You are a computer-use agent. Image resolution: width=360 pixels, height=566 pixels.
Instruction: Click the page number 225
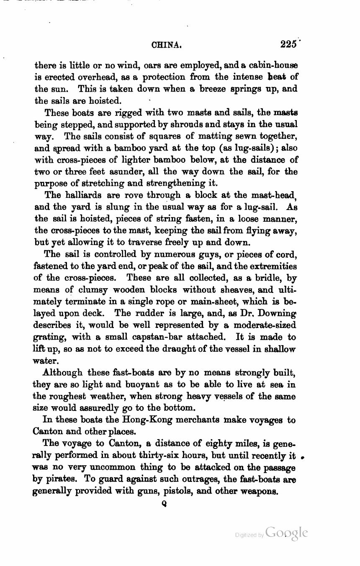[x=289, y=44]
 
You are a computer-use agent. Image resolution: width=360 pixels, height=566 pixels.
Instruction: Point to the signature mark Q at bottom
[x=164, y=505]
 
